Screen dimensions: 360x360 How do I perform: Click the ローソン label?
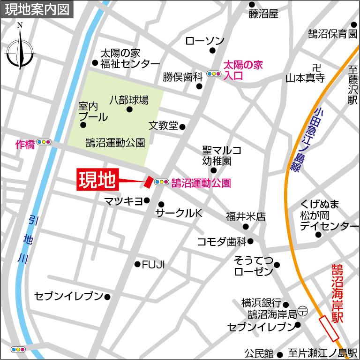coord(205,41)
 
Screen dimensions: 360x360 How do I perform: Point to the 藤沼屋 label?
coord(263,14)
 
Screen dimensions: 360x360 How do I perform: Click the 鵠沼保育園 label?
coord(332,34)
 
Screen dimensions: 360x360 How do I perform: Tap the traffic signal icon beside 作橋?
coord(44,142)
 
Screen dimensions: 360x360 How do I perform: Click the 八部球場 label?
coord(129,100)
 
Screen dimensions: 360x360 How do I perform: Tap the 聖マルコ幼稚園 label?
coord(222,156)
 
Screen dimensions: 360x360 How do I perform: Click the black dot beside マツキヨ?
coord(147,201)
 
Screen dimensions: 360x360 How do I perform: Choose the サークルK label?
coord(179,214)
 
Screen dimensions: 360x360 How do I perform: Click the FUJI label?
coord(154,264)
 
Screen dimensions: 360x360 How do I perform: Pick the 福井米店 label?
coord(246,217)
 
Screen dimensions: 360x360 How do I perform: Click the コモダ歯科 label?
coord(222,242)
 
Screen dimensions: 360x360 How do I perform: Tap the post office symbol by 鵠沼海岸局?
coord(303,311)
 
